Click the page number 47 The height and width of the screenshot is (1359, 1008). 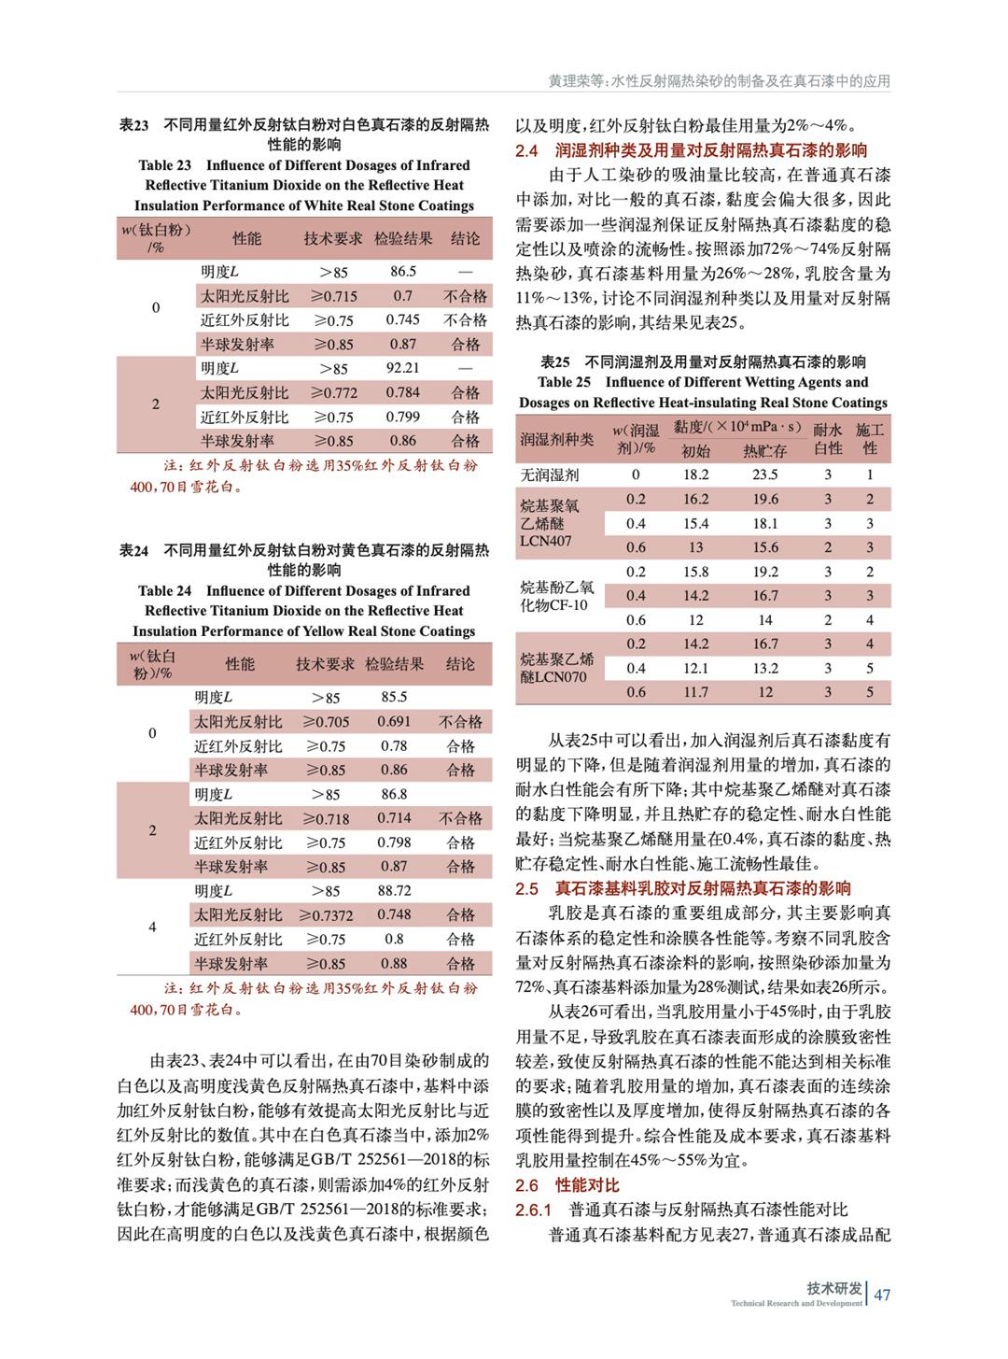click(x=882, y=1294)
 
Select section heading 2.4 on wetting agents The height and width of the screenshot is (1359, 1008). click(x=692, y=150)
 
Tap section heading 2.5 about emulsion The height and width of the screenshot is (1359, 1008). click(x=683, y=888)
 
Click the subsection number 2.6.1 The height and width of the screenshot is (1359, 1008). click(x=534, y=1210)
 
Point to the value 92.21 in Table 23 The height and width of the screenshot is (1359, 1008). click(x=403, y=368)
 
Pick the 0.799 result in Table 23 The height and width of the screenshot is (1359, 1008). click(x=403, y=417)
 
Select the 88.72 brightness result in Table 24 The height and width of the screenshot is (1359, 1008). click(x=394, y=890)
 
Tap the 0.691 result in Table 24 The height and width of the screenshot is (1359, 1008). click(x=394, y=721)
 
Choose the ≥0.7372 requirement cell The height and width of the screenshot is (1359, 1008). click(x=326, y=914)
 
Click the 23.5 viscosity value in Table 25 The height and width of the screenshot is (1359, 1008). click(x=765, y=474)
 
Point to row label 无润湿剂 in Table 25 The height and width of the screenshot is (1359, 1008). click(x=550, y=474)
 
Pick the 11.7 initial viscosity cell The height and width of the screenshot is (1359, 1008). click(x=695, y=692)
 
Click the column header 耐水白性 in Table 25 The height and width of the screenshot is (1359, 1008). click(x=828, y=439)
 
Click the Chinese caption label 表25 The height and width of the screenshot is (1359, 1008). click(x=555, y=361)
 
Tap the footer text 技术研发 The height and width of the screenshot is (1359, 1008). click(x=834, y=1288)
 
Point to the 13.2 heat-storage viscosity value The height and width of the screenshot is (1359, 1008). click(x=765, y=668)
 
